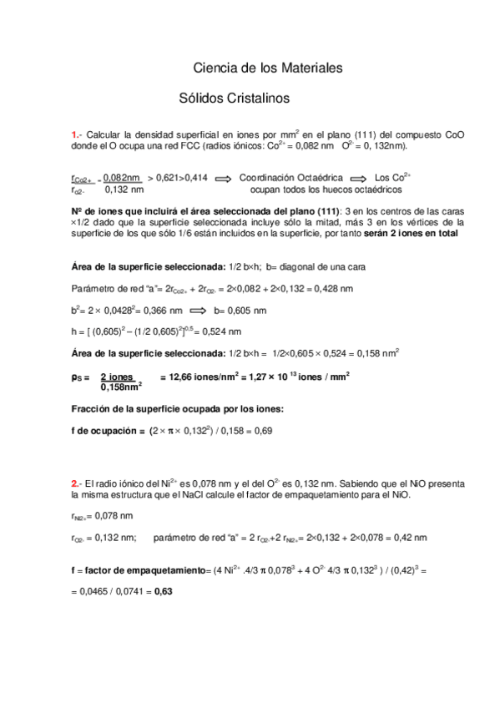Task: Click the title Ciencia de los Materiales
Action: [268, 67]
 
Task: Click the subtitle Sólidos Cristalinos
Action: [234, 98]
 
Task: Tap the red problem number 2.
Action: [75, 483]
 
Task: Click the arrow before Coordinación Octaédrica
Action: [222, 178]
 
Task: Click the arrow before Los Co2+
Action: [357, 178]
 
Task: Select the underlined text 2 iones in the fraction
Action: [118, 377]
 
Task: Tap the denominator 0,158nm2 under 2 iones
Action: [121, 387]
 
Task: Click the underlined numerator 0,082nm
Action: [122, 178]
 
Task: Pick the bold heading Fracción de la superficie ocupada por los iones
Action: [178, 408]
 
